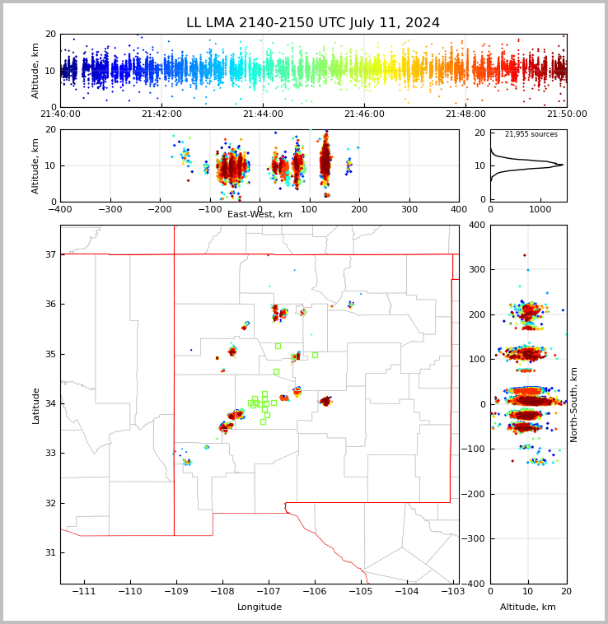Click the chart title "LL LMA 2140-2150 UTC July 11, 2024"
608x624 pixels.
(x=313, y=23)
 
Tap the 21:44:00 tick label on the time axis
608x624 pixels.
(x=263, y=114)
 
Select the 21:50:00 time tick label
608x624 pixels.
(x=567, y=114)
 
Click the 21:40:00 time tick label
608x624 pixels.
(x=61, y=114)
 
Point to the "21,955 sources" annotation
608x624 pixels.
(x=531, y=134)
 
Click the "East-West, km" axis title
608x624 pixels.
(x=260, y=215)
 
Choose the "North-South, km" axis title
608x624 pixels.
(x=574, y=404)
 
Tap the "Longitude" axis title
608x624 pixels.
(x=260, y=608)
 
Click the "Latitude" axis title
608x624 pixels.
(x=36, y=405)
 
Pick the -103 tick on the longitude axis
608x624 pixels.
(x=451, y=592)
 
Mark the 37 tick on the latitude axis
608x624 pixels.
(x=49, y=255)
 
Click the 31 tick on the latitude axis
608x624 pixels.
(x=49, y=552)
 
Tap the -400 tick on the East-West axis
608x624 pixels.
(x=61, y=209)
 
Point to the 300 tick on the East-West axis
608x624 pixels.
(x=409, y=209)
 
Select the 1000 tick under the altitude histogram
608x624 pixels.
(x=540, y=209)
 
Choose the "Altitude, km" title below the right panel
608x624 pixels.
(x=528, y=608)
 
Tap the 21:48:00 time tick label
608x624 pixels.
(x=465, y=114)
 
